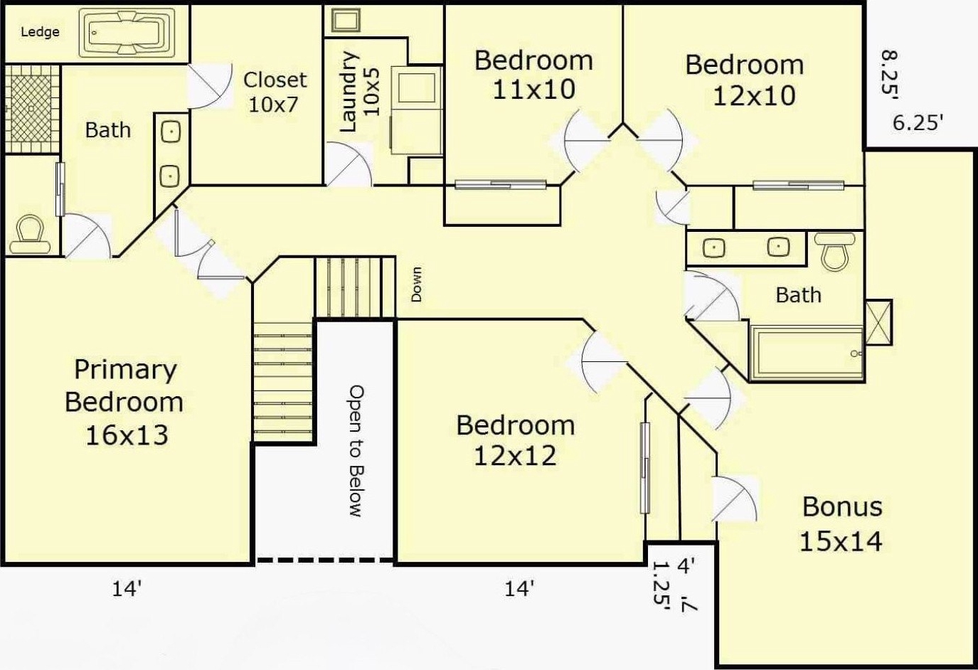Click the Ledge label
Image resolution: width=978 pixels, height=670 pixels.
click(x=40, y=32)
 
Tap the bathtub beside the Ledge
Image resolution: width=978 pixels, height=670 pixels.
click(x=127, y=33)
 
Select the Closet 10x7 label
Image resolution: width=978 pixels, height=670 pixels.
click(x=275, y=92)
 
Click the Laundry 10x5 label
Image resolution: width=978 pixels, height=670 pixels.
click(x=359, y=92)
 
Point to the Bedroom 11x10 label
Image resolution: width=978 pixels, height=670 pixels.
click(x=533, y=75)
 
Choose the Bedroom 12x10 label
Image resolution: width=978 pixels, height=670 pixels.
click(x=745, y=80)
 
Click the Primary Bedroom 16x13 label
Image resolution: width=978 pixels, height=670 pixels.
click(x=125, y=402)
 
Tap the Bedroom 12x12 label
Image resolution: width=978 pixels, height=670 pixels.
click(x=515, y=440)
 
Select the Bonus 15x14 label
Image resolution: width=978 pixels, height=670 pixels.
click(x=841, y=523)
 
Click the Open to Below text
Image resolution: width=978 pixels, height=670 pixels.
click(x=356, y=451)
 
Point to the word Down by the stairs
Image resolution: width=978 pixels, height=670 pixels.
click(x=417, y=285)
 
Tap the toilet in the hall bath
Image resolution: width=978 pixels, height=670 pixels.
click(x=834, y=252)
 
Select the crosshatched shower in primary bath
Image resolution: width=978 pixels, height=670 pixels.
click(x=31, y=109)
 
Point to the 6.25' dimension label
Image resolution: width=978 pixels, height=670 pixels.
click(x=915, y=122)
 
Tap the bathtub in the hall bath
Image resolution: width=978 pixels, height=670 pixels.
click(x=807, y=353)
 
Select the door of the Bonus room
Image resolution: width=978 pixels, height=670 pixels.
click(x=734, y=499)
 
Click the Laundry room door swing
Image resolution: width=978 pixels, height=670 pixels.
click(x=349, y=164)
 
